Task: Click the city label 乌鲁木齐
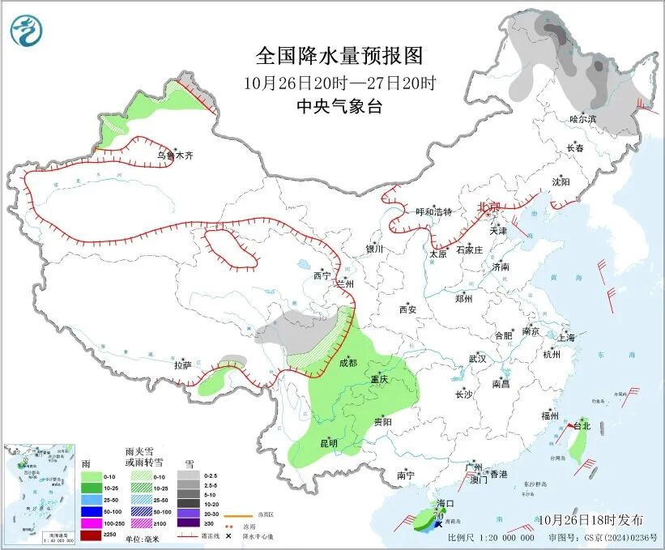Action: pyautogui.click(x=177, y=154)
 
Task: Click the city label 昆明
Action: pyautogui.click(x=328, y=443)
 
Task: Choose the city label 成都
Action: pyautogui.click(x=347, y=363)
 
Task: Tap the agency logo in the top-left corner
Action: pyautogui.click(x=27, y=32)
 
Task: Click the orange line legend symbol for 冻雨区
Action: pyautogui.click(x=235, y=514)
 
